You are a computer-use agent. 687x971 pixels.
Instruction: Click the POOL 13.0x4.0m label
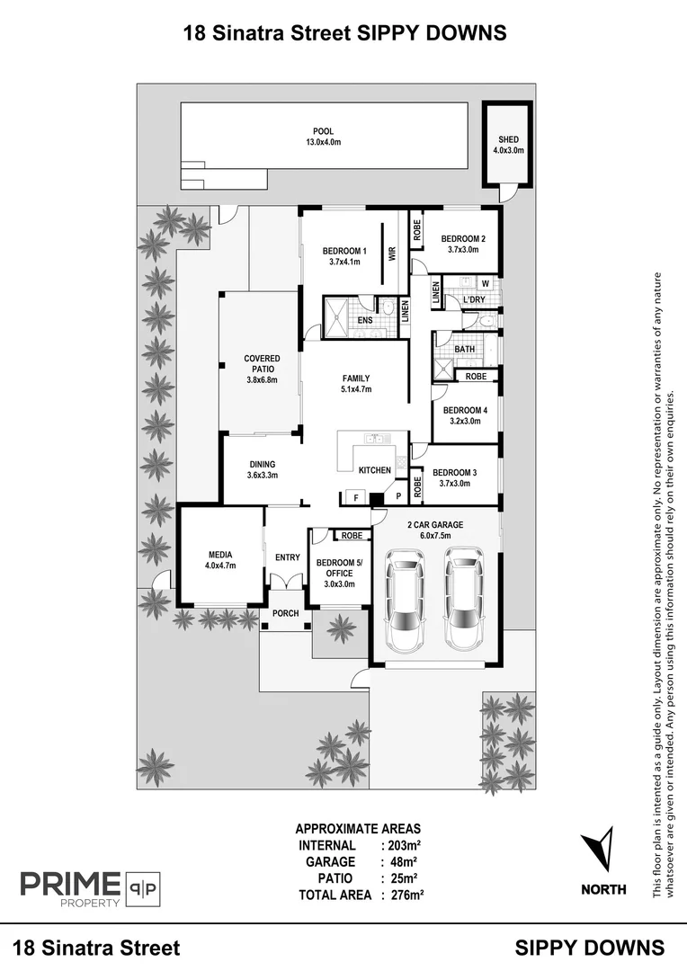(323, 137)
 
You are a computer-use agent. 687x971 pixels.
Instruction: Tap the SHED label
(508, 145)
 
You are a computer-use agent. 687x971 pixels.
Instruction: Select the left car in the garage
(405, 602)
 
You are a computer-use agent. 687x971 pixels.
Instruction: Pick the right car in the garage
(463, 602)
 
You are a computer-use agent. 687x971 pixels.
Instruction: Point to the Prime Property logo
(90, 888)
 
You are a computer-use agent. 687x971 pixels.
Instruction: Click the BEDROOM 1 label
(345, 256)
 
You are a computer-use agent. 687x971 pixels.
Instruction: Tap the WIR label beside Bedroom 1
(392, 254)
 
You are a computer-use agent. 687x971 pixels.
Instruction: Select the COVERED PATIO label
(262, 369)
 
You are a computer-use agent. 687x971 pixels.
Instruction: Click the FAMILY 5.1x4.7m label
(356, 384)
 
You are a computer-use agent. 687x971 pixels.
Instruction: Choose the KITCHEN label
(375, 470)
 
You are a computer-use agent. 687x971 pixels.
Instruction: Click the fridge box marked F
(355, 496)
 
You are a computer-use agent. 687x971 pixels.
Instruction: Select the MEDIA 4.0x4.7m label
(220, 560)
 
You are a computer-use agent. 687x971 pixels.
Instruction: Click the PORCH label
(286, 613)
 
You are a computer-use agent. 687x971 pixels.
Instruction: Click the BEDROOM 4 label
(465, 415)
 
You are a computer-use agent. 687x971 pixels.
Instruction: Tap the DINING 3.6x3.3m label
(263, 469)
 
